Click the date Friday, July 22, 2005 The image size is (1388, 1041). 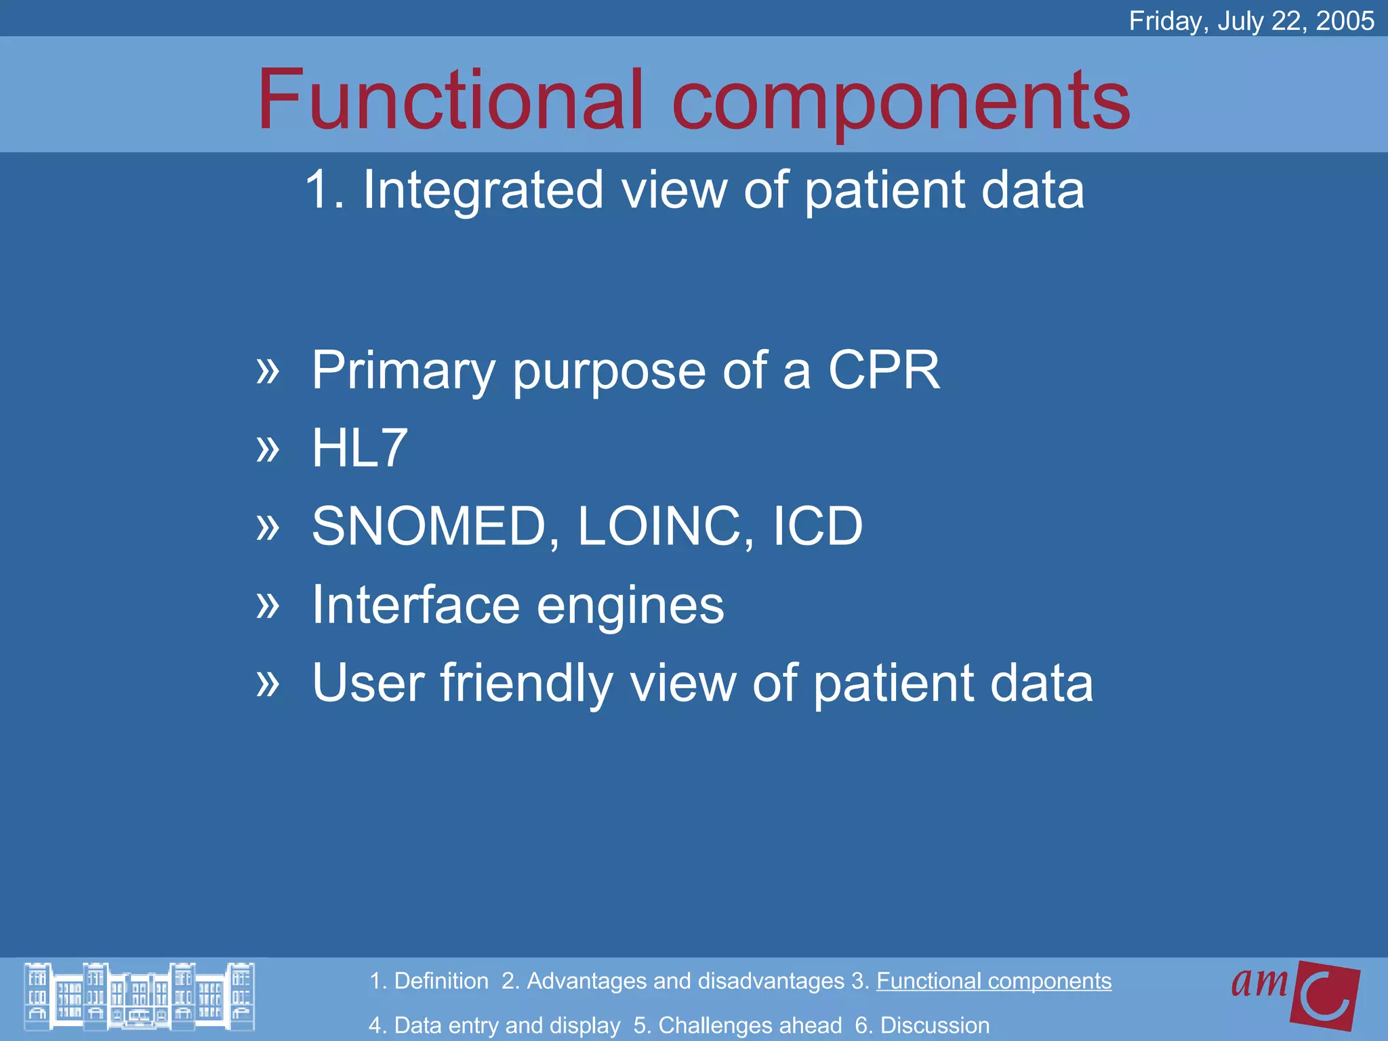[x=1251, y=21]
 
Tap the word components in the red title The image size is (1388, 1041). [x=901, y=102]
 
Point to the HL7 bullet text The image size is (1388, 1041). [x=360, y=448]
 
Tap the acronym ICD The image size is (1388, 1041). [x=817, y=526]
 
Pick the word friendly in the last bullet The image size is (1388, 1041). [x=527, y=683]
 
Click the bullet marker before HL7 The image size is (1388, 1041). [x=268, y=449]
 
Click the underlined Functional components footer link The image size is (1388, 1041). [x=994, y=981]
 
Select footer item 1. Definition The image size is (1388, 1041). [x=429, y=981]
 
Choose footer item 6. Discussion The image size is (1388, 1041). [x=922, y=1025]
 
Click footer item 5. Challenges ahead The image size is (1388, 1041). [x=737, y=1025]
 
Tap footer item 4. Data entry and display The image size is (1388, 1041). [x=494, y=1025]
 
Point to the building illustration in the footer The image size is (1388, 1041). [x=139, y=996]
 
